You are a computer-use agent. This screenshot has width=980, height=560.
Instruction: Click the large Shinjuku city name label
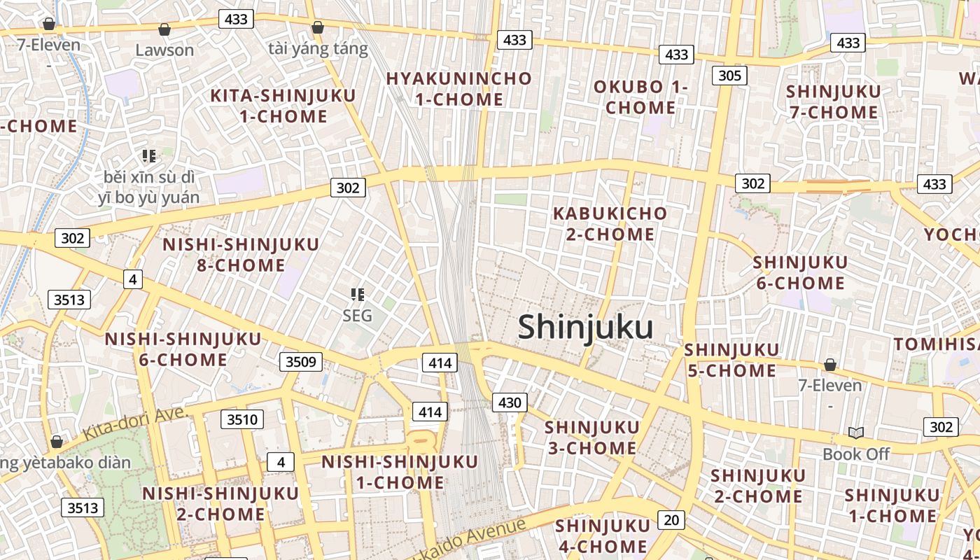586,328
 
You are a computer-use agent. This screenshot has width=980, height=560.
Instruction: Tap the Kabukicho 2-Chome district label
610,223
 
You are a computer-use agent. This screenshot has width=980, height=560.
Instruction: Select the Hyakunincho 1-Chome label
459,89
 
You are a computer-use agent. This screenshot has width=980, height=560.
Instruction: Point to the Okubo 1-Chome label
640,97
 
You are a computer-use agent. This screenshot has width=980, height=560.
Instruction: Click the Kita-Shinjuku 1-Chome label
283,106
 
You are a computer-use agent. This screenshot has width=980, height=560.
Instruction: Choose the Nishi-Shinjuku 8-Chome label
241,255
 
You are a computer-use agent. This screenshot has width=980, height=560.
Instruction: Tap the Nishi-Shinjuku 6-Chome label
183,349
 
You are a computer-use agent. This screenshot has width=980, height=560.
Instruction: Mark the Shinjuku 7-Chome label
833,102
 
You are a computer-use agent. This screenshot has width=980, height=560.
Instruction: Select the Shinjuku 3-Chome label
591,437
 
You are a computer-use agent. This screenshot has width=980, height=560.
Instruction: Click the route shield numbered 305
729,76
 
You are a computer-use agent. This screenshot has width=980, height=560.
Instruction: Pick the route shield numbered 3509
302,362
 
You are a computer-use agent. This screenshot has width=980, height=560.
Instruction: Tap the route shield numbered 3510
243,420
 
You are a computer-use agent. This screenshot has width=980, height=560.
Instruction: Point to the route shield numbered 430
510,402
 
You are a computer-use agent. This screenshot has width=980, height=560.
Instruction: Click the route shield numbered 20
671,520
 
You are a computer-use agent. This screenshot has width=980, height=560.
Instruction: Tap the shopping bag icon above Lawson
164,29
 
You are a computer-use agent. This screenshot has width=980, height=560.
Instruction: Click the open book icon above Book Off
855,433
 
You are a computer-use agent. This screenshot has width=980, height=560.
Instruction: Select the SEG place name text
357,316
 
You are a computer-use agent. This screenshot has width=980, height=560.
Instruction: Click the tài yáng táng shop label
318,48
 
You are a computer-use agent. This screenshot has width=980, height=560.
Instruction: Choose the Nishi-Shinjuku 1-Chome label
400,472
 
